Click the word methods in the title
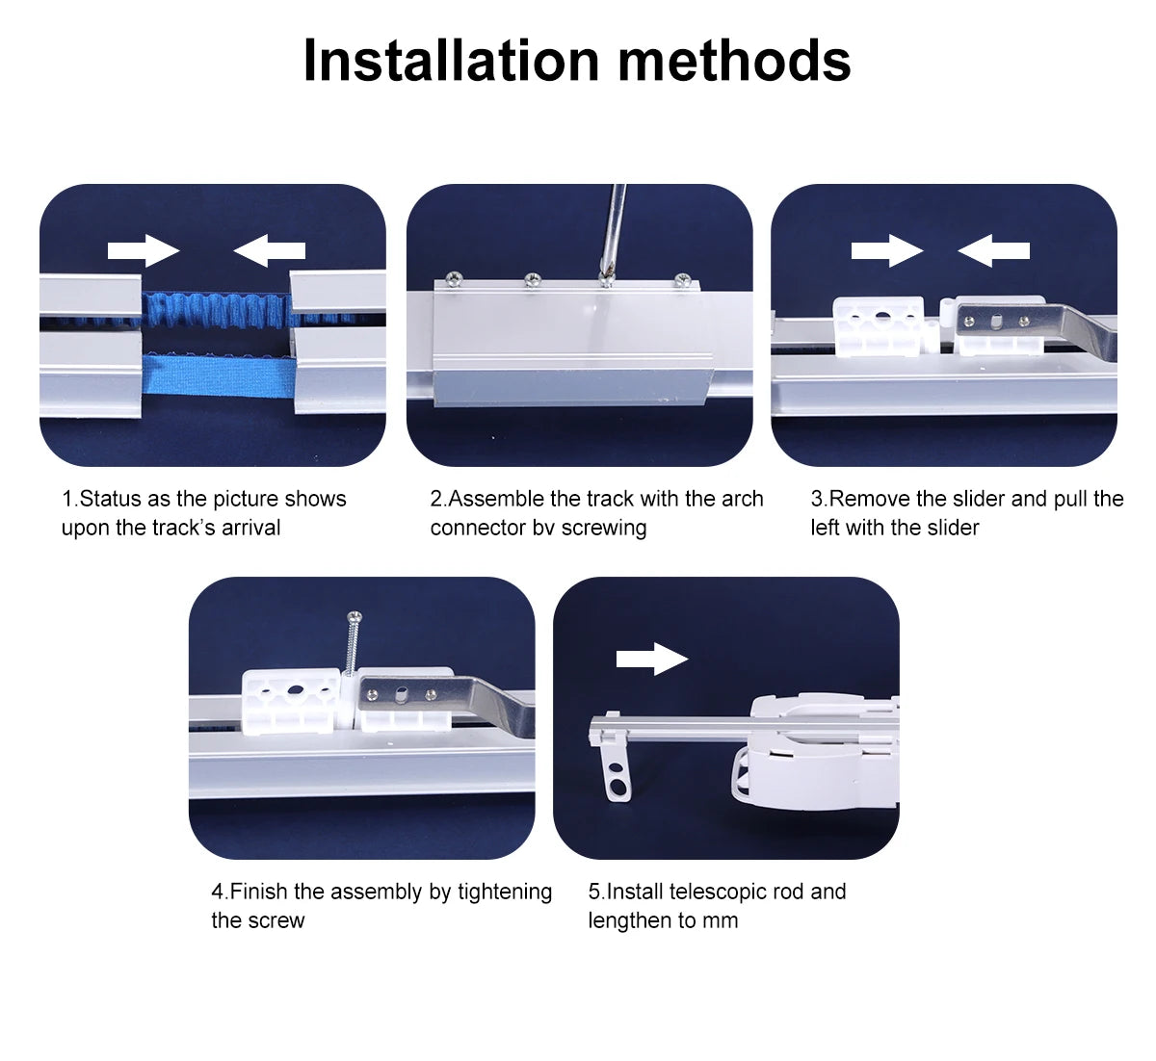click(x=734, y=60)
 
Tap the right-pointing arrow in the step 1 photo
click(x=144, y=251)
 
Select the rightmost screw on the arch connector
click(x=682, y=280)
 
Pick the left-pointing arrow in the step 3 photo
click(x=993, y=251)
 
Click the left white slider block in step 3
click(x=878, y=327)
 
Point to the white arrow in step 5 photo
click(x=652, y=659)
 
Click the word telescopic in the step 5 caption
click(x=717, y=892)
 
